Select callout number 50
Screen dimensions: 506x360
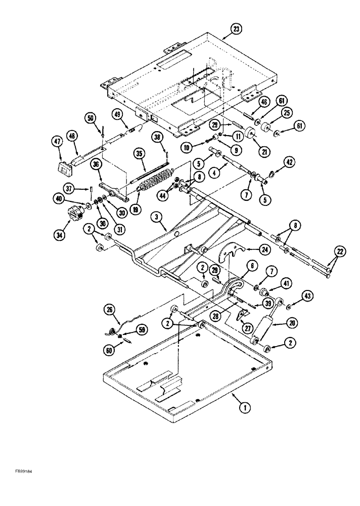tap(91, 118)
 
